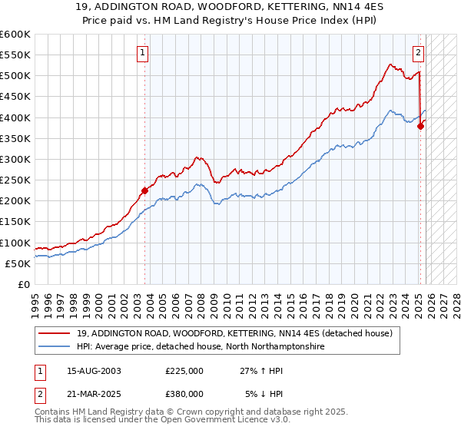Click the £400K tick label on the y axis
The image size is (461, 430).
point(15,117)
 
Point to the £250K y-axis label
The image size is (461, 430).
point(15,180)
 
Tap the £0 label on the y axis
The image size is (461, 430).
point(25,284)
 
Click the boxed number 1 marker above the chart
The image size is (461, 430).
point(144,53)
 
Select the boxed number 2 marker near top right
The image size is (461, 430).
point(418,53)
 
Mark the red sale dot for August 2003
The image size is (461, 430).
point(144,190)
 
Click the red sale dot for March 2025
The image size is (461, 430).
point(421,127)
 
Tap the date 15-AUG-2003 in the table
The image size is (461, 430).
point(94,371)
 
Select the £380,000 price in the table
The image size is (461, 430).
point(184,394)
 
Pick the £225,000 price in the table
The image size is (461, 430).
point(184,371)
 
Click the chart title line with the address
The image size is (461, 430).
point(230,7)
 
